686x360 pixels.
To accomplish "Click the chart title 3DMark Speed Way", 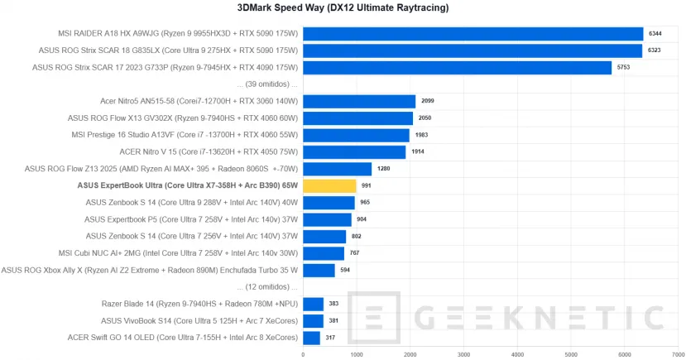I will coord(343,8).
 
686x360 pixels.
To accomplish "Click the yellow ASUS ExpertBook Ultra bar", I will coord(329,186).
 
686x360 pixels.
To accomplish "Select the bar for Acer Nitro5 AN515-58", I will coord(359,101).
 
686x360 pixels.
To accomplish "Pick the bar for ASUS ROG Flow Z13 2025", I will coord(337,169).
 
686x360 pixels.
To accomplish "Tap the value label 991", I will coord(367,186).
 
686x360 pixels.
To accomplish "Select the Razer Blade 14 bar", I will coord(313,304).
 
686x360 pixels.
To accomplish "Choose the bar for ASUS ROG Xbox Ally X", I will coord(319,270).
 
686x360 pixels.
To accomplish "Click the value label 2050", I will coord(425,118).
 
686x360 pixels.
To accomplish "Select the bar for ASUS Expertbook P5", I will coord(327,219).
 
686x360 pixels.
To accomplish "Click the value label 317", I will coord(331,338).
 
